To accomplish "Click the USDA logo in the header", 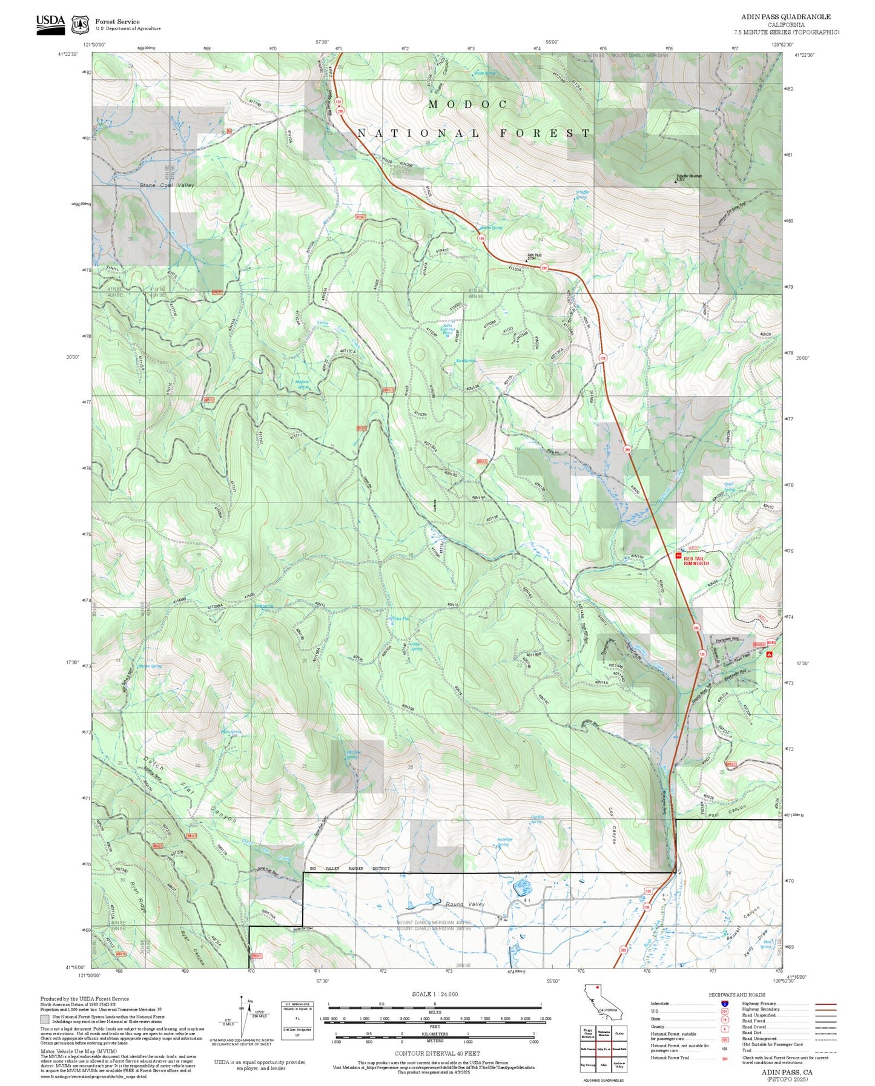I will pos(50,24).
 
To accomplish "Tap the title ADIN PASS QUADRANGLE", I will pos(785,16).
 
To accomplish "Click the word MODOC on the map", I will pos(467,104).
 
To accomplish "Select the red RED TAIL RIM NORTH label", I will pos(696,561).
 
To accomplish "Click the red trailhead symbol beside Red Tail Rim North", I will pos(678,555).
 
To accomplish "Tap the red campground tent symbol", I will pos(769,654).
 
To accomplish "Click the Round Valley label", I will pos(465,904).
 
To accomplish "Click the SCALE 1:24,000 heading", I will pos(434,994).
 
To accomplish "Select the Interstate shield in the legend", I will pos(724,1003).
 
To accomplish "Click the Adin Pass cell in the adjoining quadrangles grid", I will pos(603,1048).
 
